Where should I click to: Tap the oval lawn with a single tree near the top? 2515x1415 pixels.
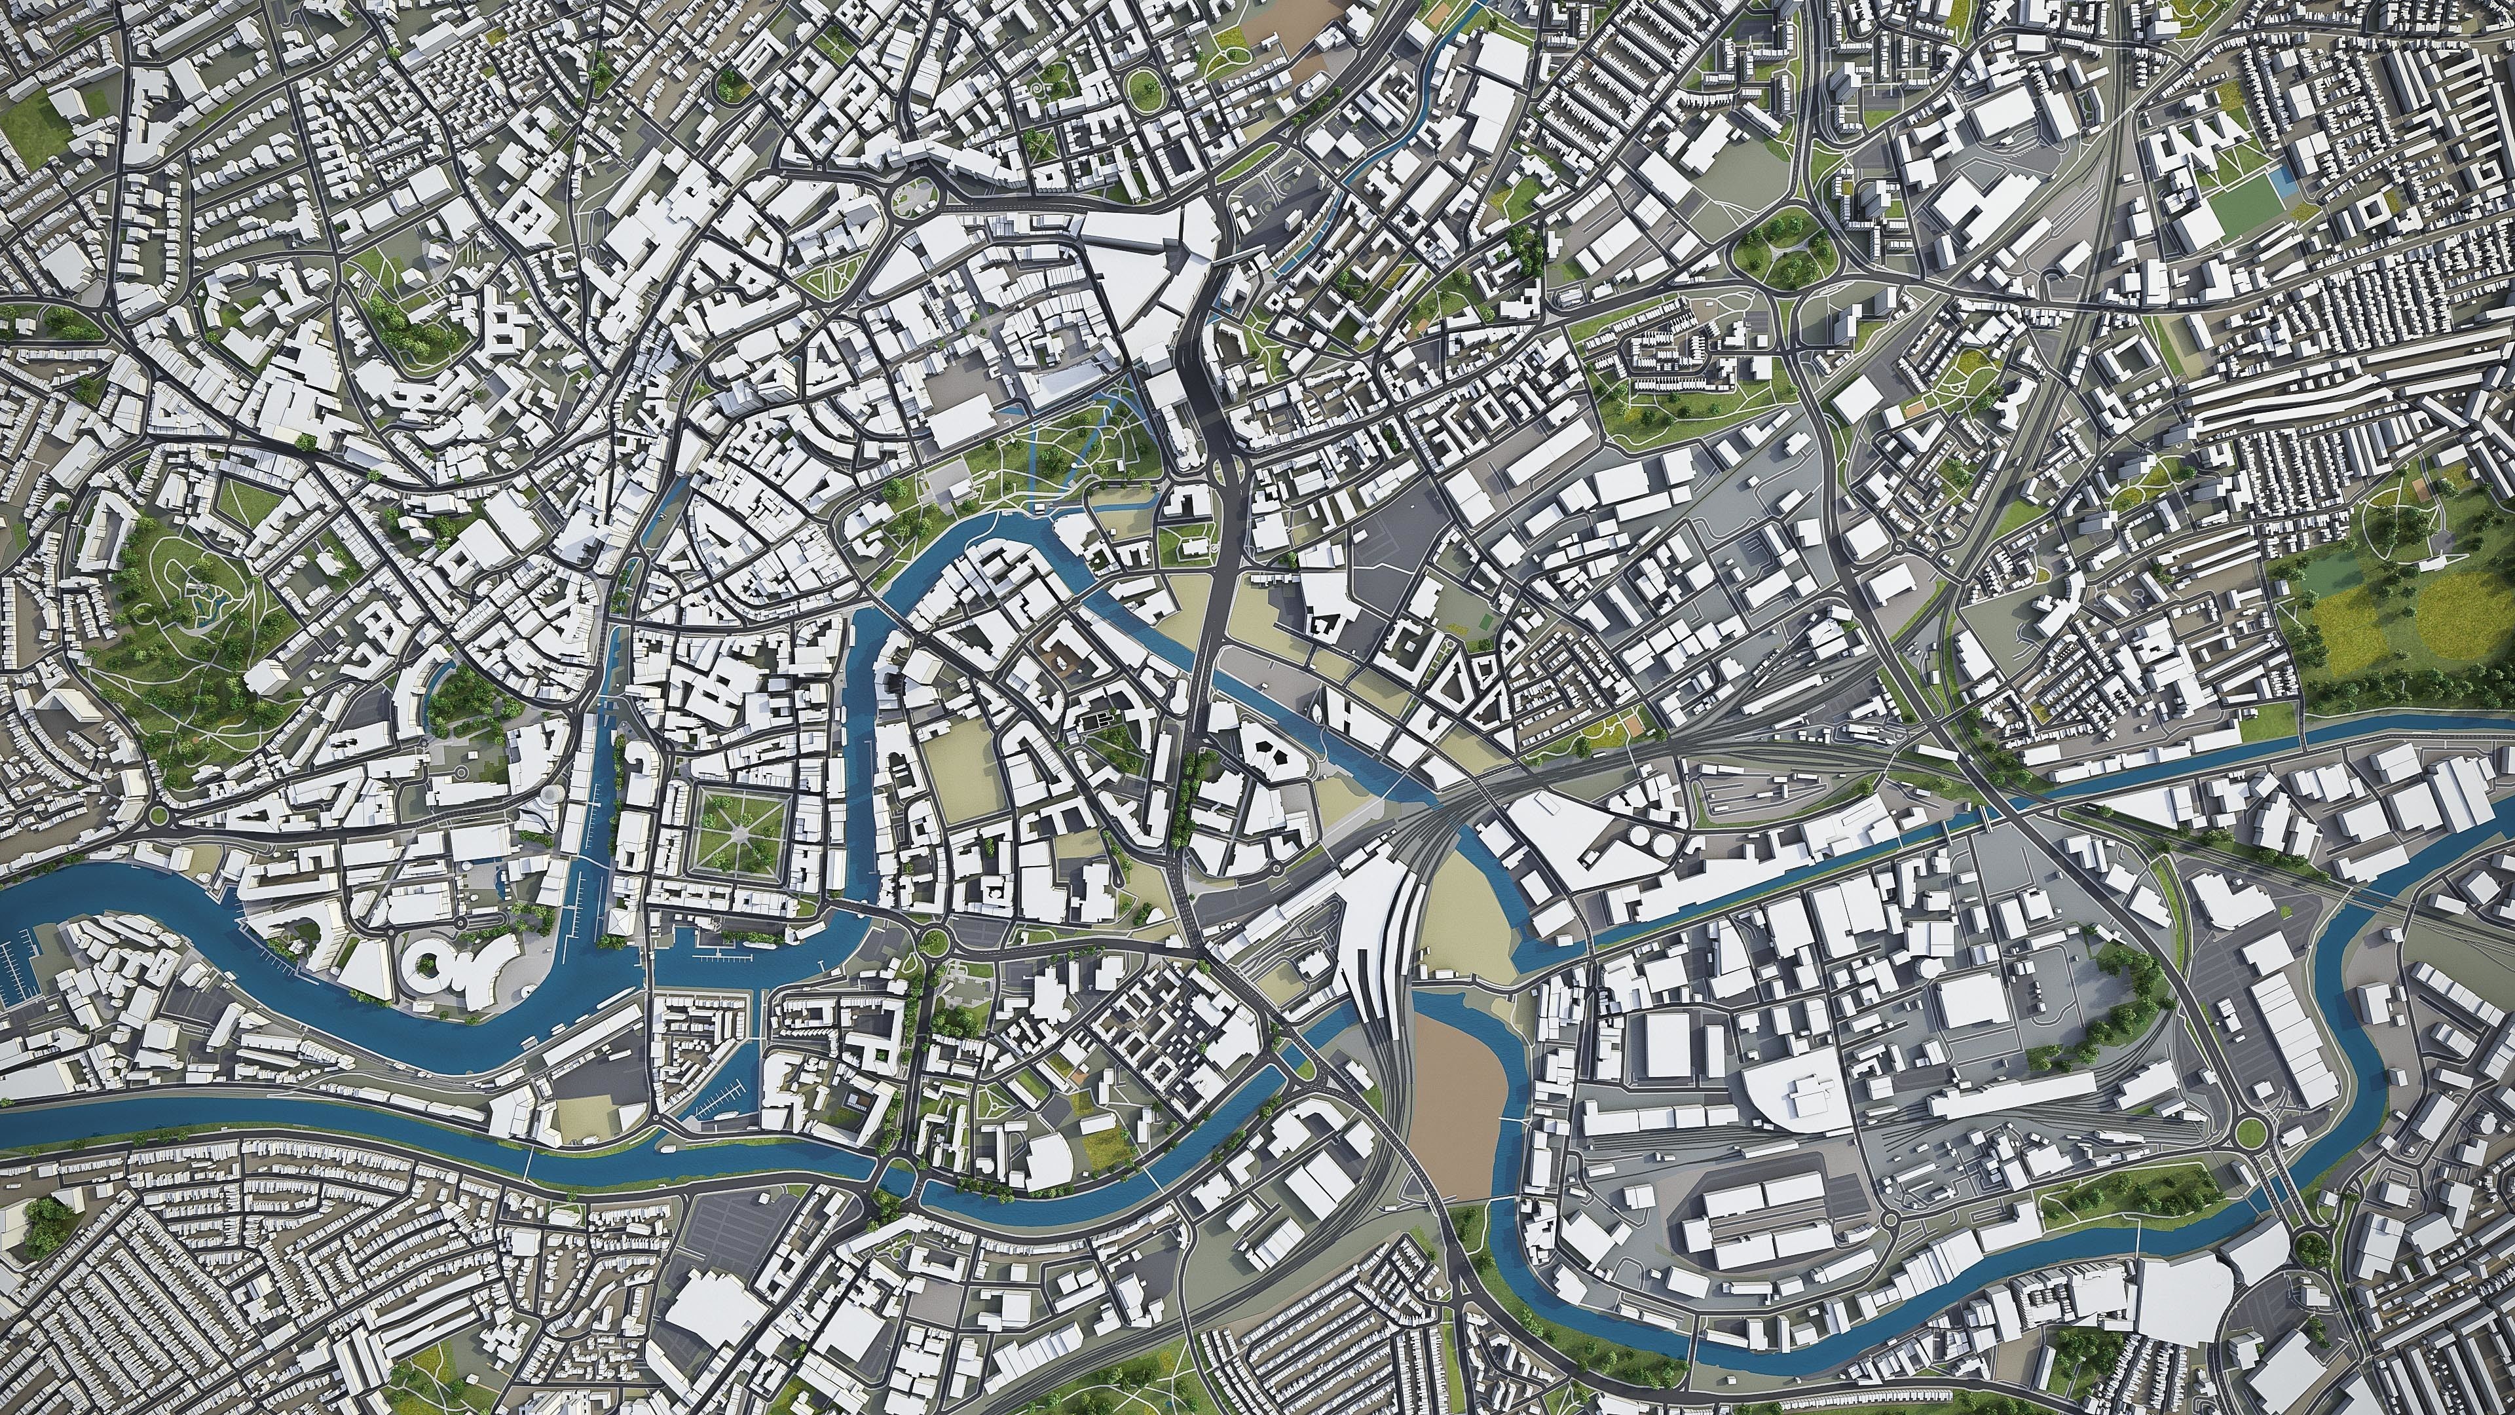coord(1144,88)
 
